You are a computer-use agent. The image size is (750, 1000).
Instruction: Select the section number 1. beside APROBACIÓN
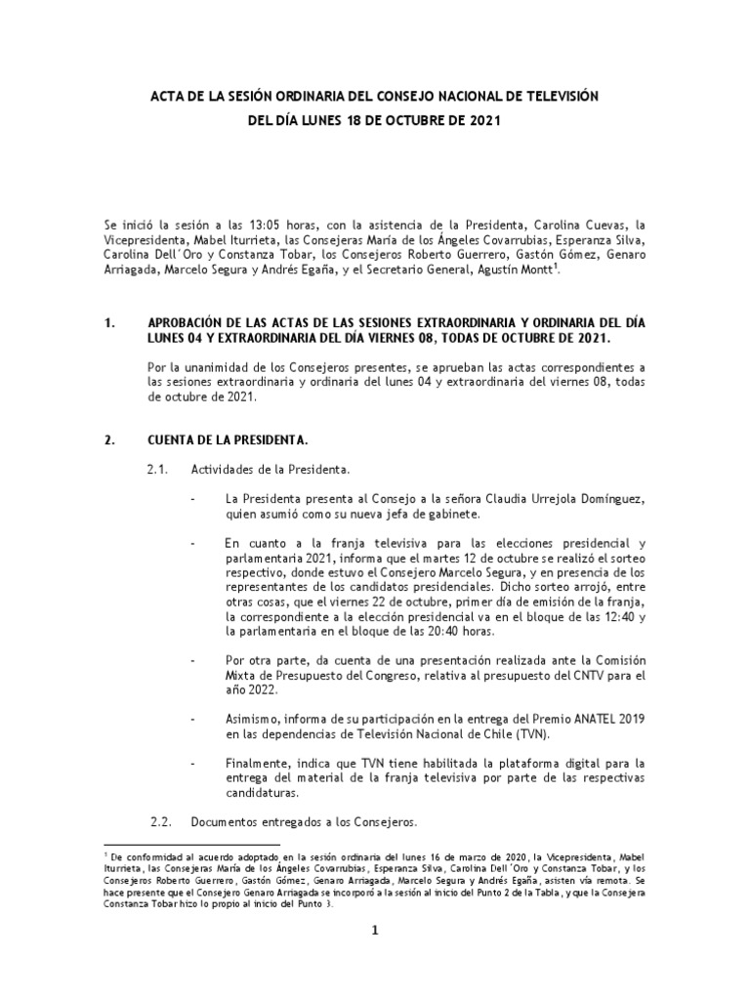click(x=110, y=321)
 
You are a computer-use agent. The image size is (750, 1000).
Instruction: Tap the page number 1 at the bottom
click(x=373, y=930)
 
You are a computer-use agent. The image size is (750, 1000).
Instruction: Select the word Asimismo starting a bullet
click(x=253, y=719)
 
